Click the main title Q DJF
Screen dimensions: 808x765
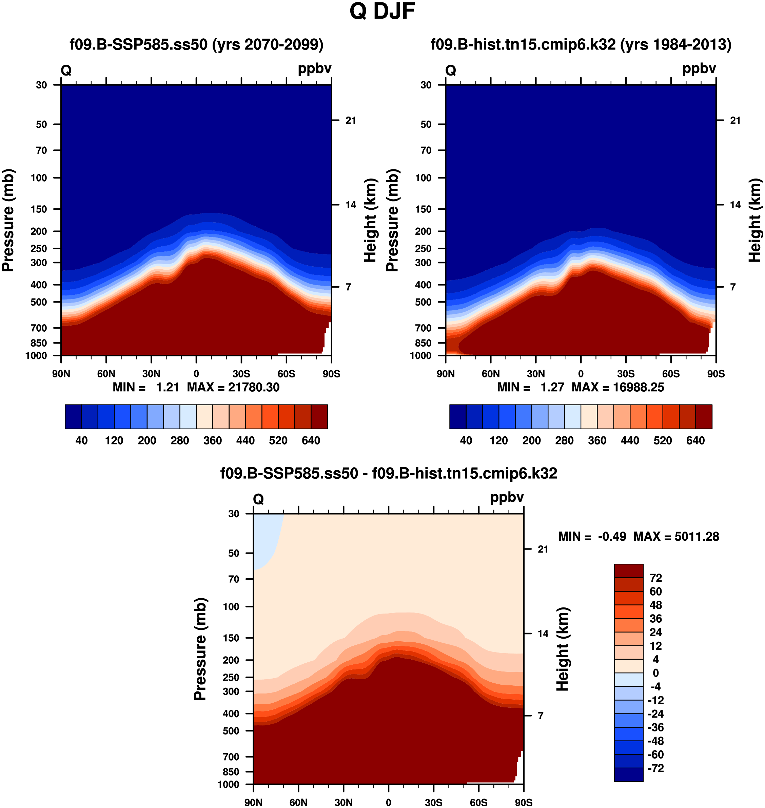382,12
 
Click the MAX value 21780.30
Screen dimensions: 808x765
254,387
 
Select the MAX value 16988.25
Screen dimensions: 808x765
638,387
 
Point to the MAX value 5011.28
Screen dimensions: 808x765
697,537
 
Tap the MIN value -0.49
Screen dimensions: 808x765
612,537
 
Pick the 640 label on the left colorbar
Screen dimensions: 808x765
311,440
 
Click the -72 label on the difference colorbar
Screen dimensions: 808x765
656,768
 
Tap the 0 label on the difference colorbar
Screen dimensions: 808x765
656,673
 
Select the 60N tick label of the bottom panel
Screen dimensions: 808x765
298,803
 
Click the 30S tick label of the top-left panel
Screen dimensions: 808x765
241,374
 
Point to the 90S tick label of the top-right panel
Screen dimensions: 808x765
715,374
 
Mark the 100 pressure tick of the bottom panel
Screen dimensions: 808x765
231,607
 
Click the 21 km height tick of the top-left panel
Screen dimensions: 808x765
351,120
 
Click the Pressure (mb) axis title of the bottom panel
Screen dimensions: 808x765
200,649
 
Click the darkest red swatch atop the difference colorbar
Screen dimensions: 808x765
628,571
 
